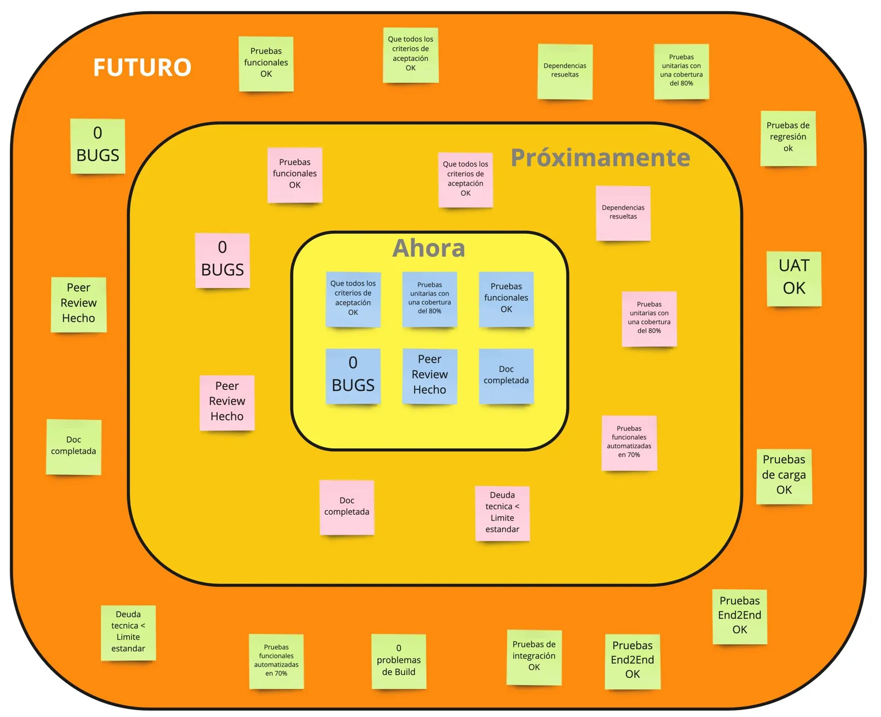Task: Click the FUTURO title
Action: pyautogui.click(x=142, y=67)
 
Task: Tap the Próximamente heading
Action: pyautogui.click(x=600, y=157)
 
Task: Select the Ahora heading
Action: pyautogui.click(x=428, y=248)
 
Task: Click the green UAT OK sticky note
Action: pyautogui.click(x=793, y=279)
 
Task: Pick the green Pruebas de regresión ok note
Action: pyautogui.click(x=787, y=138)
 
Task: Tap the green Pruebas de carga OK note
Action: pyautogui.click(x=784, y=476)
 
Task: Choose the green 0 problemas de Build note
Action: pyautogui.click(x=398, y=661)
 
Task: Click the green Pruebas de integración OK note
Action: pyautogui.click(x=534, y=657)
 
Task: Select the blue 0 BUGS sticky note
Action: pyautogui.click(x=352, y=376)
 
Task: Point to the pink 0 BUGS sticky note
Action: pyautogui.click(x=222, y=260)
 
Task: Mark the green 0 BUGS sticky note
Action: pyautogui.click(x=97, y=145)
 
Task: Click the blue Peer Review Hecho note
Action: pyautogui.click(x=429, y=376)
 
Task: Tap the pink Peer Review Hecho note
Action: pyautogui.click(x=227, y=402)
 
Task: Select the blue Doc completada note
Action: pyautogui.click(x=506, y=376)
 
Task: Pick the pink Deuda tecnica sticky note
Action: pyautogui.click(x=502, y=513)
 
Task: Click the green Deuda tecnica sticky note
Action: pyautogui.click(x=128, y=632)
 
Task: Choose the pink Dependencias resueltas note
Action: pyautogui.click(x=623, y=213)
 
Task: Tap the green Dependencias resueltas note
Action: pyautogui.click(x=564, y=71)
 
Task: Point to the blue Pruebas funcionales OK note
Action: pyautogui.click(x=506, y=298)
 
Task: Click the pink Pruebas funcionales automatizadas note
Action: pyautogui.click(x=629, y=443)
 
